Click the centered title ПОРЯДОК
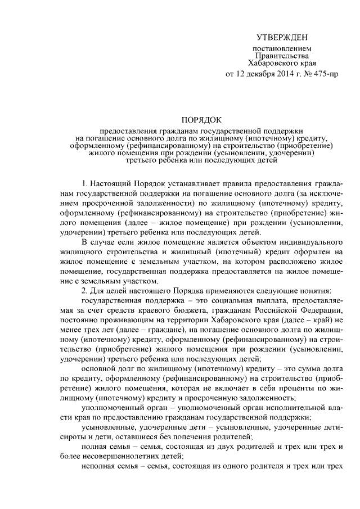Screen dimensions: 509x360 pyautogui.click(x=201, y=120)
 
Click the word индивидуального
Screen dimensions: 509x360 pyautogui.click(x=312, y=242)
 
